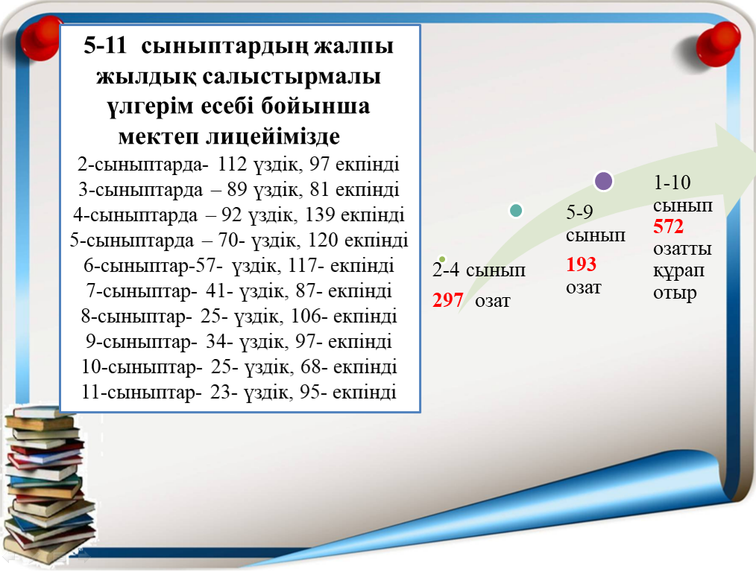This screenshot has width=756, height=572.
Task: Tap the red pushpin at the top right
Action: pos(717,44)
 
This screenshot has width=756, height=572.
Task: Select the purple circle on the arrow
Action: pos(603,181)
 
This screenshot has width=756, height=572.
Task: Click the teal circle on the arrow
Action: pos(516,211)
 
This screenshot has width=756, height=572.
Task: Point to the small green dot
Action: pos(442,259)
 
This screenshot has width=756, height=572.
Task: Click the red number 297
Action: pos(448,300)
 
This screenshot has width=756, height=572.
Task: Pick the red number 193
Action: pos(581,264)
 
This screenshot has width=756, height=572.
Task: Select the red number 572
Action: pos(668,226)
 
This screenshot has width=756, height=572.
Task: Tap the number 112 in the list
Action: pos(232,164)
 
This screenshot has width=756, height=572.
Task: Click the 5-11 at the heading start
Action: pos(104,45)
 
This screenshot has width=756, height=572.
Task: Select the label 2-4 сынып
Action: pos(479,270)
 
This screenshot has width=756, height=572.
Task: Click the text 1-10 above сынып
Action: pos(672,182)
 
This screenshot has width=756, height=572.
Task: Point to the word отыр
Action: pos(675,293)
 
